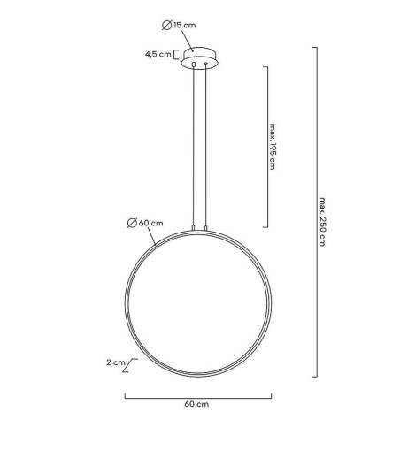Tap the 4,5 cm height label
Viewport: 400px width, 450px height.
click(158, 54)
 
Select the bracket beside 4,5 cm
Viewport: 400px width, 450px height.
click(178, 54)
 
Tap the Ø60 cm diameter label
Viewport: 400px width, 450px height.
click(144, 222)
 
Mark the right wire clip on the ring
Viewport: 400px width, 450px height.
click(205, 229)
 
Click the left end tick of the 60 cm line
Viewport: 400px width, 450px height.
click(124, 395)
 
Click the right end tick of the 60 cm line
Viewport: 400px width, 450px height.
click(271, 395)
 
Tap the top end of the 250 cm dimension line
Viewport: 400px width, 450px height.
click(315, 48)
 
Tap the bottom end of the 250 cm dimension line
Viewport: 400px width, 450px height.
click(315, 376)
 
